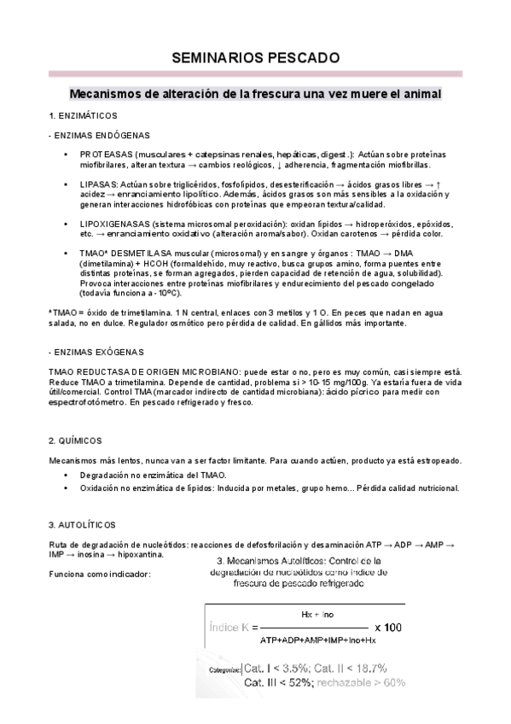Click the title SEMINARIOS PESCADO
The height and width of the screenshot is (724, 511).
pyautogui.click(x=255, y=58)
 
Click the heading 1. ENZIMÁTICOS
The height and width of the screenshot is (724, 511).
pyautogui.click(x=83, y=115)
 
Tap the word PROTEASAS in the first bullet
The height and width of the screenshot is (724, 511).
pyautogui.click(x=104, y=154)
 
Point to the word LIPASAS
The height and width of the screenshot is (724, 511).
pyautogui.click(x=98, y=184)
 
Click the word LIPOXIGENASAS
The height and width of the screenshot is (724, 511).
pyautogui.click(x=115, y=222)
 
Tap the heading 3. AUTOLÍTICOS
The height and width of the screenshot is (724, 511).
pyautogui.click(x=83, y=523)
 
